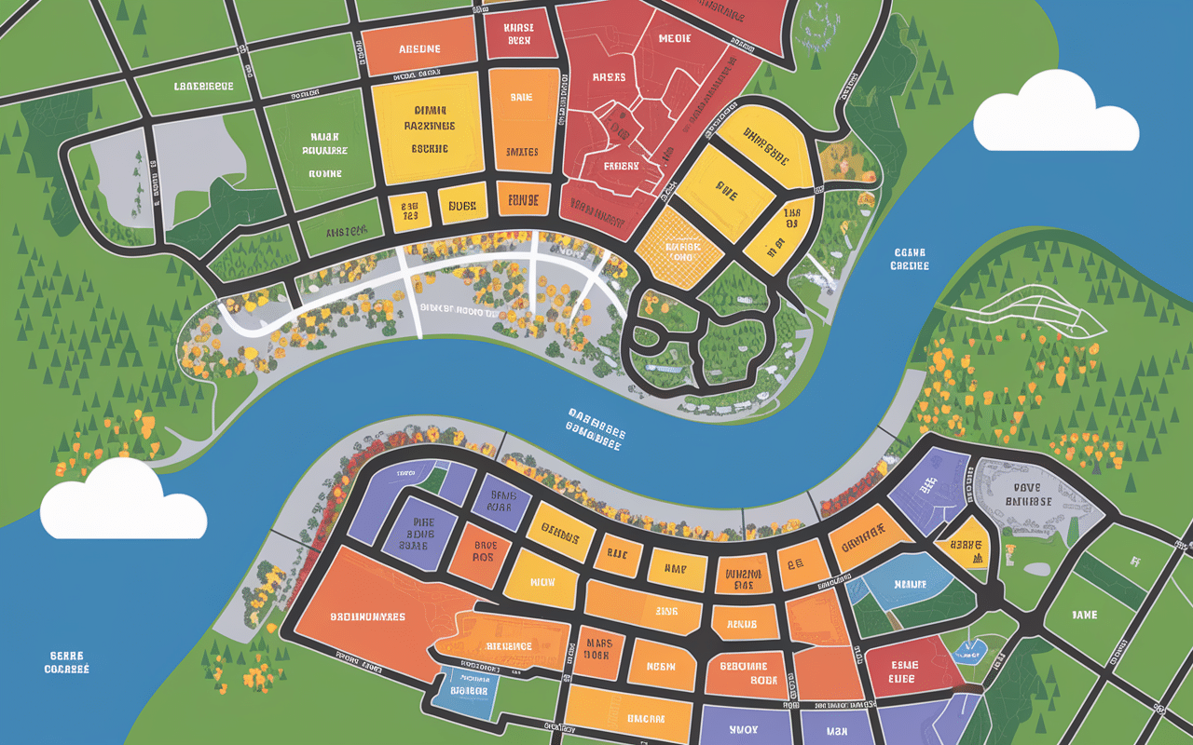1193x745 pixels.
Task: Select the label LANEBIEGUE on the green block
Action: [203, 87]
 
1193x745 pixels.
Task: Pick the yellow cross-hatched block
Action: [683, 244]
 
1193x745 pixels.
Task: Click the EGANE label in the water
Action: [910, 258]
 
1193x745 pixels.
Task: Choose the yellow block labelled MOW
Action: [542, 581]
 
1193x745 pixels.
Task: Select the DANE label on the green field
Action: [1085, 615]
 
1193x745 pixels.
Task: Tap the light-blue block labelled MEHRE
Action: [904, 585]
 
